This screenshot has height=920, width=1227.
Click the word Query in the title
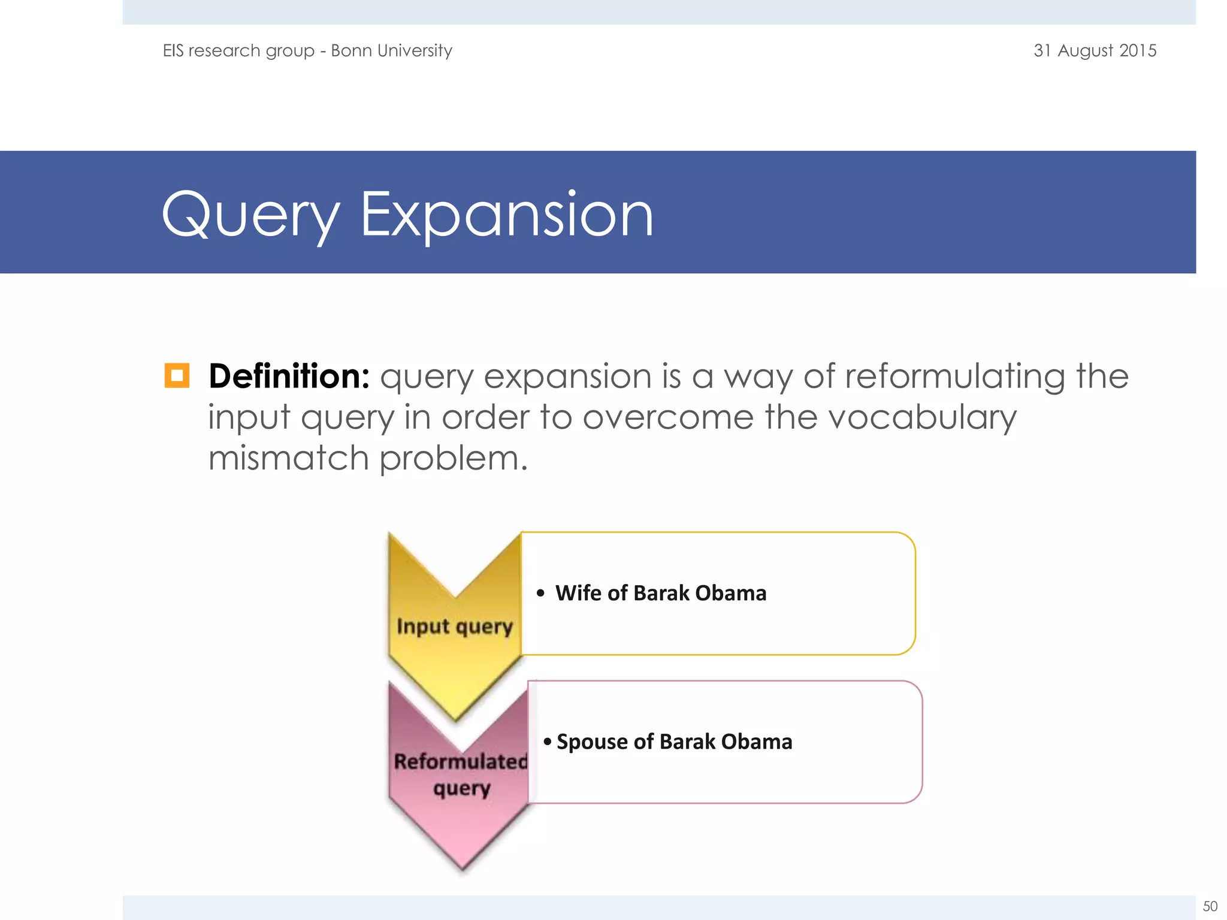[x=250, y=216]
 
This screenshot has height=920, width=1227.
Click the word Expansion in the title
[x=506, y=216]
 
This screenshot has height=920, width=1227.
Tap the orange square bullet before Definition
[x=177, y=376]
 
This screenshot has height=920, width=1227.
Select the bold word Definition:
[x=289, y=377]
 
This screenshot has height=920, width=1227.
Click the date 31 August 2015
[x=1095, y=50]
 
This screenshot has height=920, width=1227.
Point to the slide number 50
[x=1210, y=906]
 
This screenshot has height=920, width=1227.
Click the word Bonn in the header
[x=351, y=50]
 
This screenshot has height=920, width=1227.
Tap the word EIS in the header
[x=173, y=50]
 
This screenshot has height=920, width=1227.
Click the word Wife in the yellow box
[x=578, y=593]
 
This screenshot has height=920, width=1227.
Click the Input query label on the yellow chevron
[x=455, y=627]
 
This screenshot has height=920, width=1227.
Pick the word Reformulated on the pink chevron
[x=461, y=762]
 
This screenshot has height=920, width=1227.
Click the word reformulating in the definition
[x=955, y=377]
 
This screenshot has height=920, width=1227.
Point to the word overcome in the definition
[x=668, y=417]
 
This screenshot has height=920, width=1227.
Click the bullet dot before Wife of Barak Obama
[x=540, y=594]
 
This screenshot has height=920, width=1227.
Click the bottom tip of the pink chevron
[x=462, y=867]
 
